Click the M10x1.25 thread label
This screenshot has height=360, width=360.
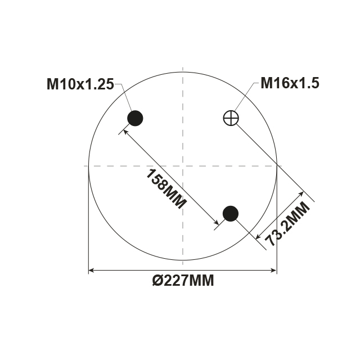[x=80, y=84]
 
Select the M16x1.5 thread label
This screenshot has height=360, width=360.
[x=290, y=83]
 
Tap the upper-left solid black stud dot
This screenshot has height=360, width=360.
[x=135, y=118]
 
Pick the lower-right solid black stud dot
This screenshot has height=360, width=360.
[x=231, y=213]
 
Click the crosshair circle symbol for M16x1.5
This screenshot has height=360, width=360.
[x=231, y=118]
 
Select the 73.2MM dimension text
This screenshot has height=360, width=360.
[x=287, y=224]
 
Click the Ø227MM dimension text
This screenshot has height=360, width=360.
[x=183, y=280]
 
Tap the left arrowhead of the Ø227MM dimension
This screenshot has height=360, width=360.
[x=92, y=271]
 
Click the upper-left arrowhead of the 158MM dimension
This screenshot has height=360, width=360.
[x=126, y=130]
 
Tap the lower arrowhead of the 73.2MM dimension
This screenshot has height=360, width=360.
[x=259, y=236]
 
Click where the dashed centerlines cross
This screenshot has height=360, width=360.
[x=183, y=165]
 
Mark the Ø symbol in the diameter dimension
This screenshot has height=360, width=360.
[x=157, y=280]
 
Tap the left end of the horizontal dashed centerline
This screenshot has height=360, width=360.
[x=84, y=165]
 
